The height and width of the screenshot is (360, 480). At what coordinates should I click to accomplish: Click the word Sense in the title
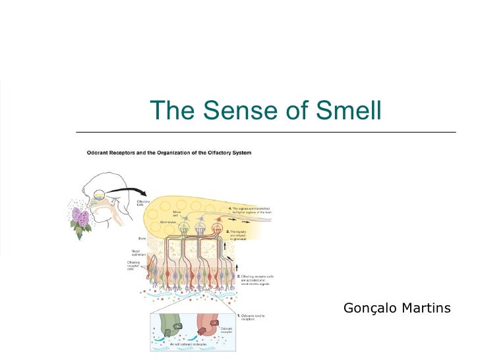tap(247, 111)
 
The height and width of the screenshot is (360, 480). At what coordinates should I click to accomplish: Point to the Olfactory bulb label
tap(143, 202)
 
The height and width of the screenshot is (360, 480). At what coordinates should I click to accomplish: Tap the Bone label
tap(142, 238)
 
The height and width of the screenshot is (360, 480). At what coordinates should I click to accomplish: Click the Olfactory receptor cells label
tap(133, 266)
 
